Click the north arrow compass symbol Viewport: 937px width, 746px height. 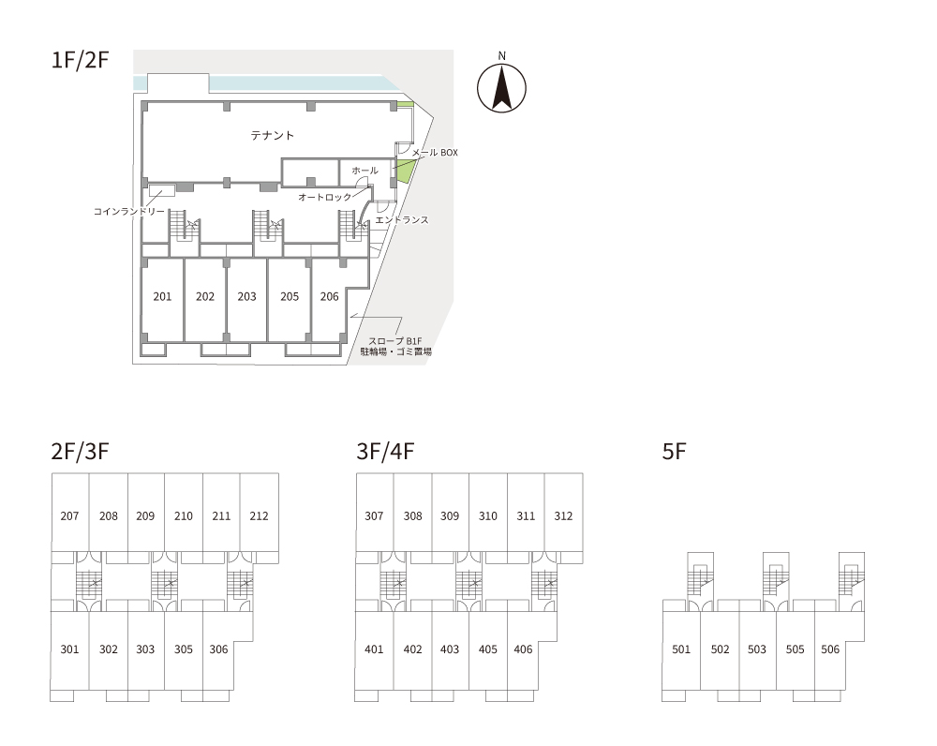tap(501, 87)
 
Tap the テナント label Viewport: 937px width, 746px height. tap(272, 136)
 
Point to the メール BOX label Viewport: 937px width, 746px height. tap(435, 152)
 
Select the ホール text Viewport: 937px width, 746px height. tap(364, 171)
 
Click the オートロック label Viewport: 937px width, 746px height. tap(324, 198)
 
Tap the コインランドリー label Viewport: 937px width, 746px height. tap(128, 212)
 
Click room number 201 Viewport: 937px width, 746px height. tap(162, 297)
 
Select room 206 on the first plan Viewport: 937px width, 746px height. tap(329, 297)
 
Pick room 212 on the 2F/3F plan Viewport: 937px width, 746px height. tap(259, 516)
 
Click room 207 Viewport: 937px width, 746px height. tap(69, 516)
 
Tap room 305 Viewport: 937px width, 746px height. tap(183, 649)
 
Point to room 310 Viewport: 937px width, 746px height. tap(487, 516)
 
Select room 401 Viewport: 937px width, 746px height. tap(374, 649)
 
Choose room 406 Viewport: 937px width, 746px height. tap(523, 649)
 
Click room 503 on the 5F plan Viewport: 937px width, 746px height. tap(757, 649)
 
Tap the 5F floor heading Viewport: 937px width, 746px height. tap(675, 452)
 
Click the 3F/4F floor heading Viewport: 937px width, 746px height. tap(385, 452)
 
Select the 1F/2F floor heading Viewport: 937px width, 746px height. tap(81, 62)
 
